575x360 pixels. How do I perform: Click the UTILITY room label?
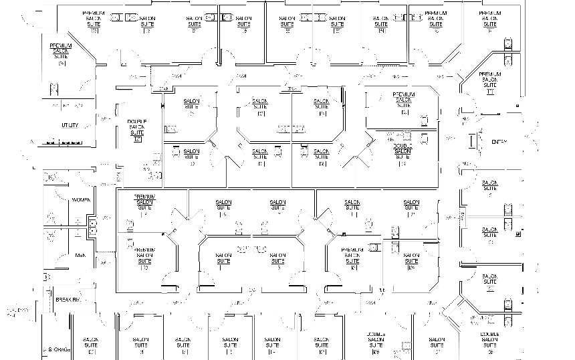click(70, 126)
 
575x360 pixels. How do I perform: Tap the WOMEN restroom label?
click(81, 200)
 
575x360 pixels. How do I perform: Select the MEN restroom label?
click(81, 255)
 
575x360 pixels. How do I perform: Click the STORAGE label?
click(58, 350)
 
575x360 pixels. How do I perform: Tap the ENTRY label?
click(499, 142)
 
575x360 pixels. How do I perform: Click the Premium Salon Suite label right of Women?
click(144, 201)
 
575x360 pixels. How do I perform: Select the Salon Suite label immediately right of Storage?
click(91, 345)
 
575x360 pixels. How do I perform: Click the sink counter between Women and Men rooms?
click(90, 227)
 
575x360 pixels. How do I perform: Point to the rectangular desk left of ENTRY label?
click(474, 142)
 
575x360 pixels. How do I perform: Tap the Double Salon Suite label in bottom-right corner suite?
click(490, 340)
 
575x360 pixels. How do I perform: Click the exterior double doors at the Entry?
click(532, 141)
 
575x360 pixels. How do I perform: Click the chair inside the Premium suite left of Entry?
click(423, 120)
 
